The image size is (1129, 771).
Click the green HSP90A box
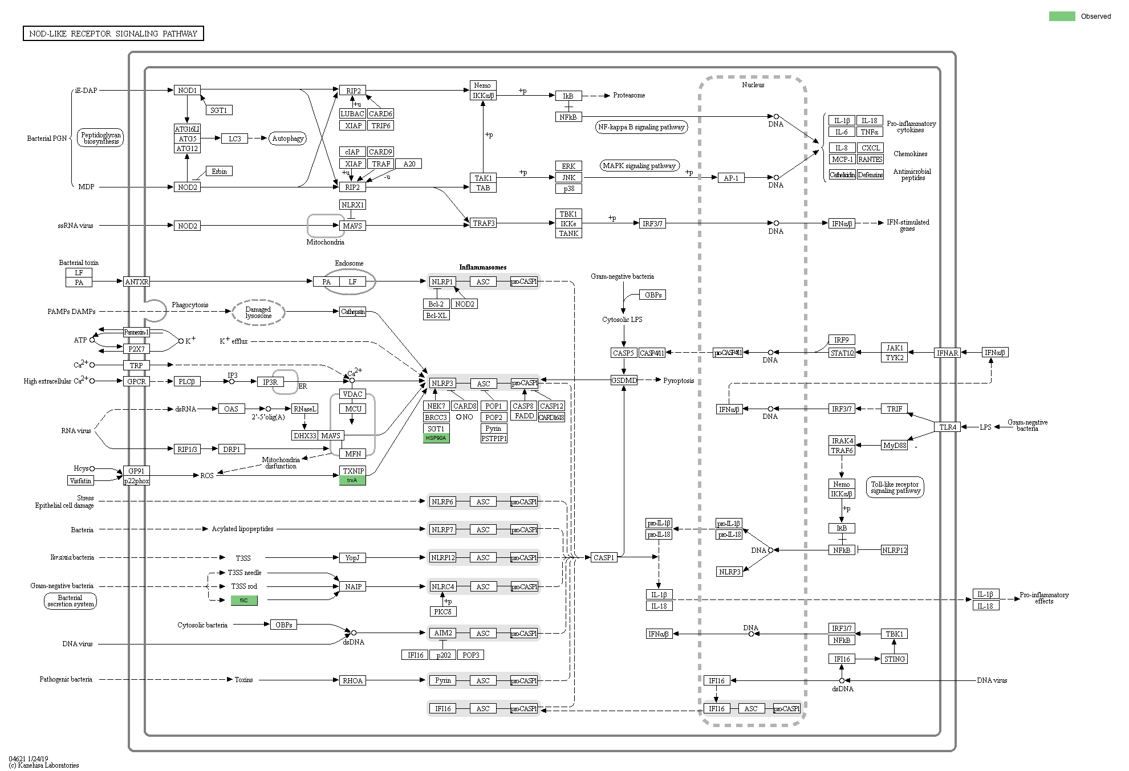click(x=436, y=438)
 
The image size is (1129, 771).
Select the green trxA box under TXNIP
click(x=352, y=480)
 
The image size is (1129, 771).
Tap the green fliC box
click(x=244, y=600)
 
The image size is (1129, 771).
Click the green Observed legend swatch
click(x=1062, y=17)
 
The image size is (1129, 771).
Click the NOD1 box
click(x=187, y=90)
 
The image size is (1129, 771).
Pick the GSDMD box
click(x=624, y=380)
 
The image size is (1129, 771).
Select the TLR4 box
click(x=948, y=427)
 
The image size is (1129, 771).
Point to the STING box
click(x=894, y=659)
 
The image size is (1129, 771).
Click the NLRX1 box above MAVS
click(x=352, y=205)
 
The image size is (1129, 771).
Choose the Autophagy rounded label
click(x=288, y=138)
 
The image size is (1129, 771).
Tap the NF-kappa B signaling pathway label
click(x=641, y=127)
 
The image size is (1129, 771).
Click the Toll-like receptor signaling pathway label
click(x=895, y=487)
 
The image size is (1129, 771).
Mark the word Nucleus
click(x=753, y=85)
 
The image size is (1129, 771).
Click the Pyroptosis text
click(x=679, y=381)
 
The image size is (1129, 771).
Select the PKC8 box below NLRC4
click(x=442, y=611)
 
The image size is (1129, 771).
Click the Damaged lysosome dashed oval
click(x=258, y=312)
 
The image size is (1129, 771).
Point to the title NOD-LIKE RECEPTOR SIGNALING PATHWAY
click(x=113, y=34)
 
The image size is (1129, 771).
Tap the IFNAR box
click(x=948, y=353)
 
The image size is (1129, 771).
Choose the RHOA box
click(x=352, y=680)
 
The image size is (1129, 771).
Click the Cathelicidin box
click(x=842, y=175)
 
